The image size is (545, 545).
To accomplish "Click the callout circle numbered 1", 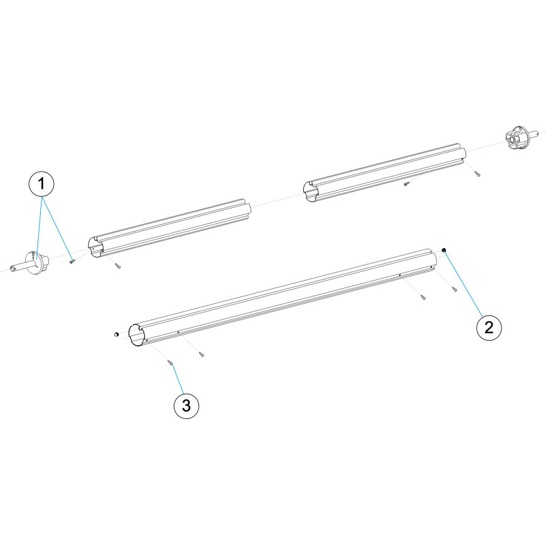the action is pos(42,184).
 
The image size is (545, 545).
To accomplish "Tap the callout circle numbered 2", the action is pos(488,327).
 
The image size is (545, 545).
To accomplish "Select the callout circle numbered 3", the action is pos(186,405).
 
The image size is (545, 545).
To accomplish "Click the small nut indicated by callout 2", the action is pos(444,250).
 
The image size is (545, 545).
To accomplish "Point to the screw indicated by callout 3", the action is pos(170,363).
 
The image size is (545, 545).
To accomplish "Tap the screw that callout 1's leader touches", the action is pos(72,262).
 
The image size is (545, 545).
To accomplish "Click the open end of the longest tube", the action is pos(136,335).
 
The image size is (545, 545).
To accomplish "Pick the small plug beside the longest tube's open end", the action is pos(116,334).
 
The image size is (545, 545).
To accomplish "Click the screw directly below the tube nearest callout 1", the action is pos(118,266).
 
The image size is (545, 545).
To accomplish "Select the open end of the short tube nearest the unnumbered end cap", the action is pos(310,191).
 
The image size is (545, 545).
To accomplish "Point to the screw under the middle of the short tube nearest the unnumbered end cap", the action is pos(405,185).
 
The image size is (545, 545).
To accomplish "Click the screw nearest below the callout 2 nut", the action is pos(454,289).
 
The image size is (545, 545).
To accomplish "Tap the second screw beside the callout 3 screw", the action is pos(201,354).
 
